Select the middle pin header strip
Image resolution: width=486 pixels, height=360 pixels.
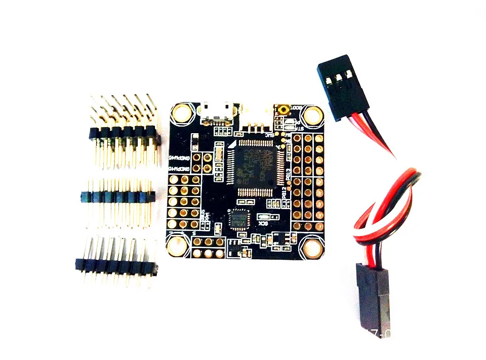117,195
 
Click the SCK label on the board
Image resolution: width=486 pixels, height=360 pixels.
263,223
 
